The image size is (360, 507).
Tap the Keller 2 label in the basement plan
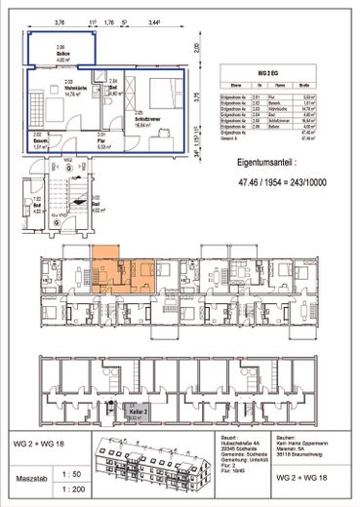tap(137, 413)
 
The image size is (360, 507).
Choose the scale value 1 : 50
tap(67, 471)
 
